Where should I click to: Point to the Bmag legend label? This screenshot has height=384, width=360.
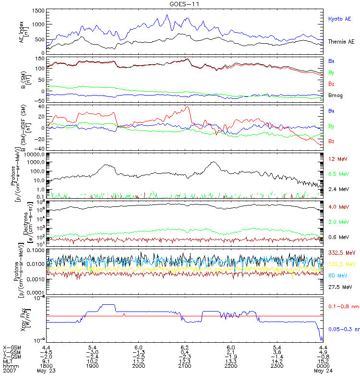coord(336,96)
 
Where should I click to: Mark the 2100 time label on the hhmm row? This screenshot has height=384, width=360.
coord(184,366)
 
